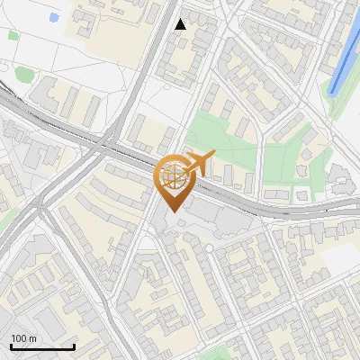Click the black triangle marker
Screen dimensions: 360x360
tap(181, 24)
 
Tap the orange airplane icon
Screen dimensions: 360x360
tap(196, 164)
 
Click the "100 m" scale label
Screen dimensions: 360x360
tap(24, 338)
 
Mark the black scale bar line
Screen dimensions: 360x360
tap(42, 347)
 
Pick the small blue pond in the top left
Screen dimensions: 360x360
tap(54, 17)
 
